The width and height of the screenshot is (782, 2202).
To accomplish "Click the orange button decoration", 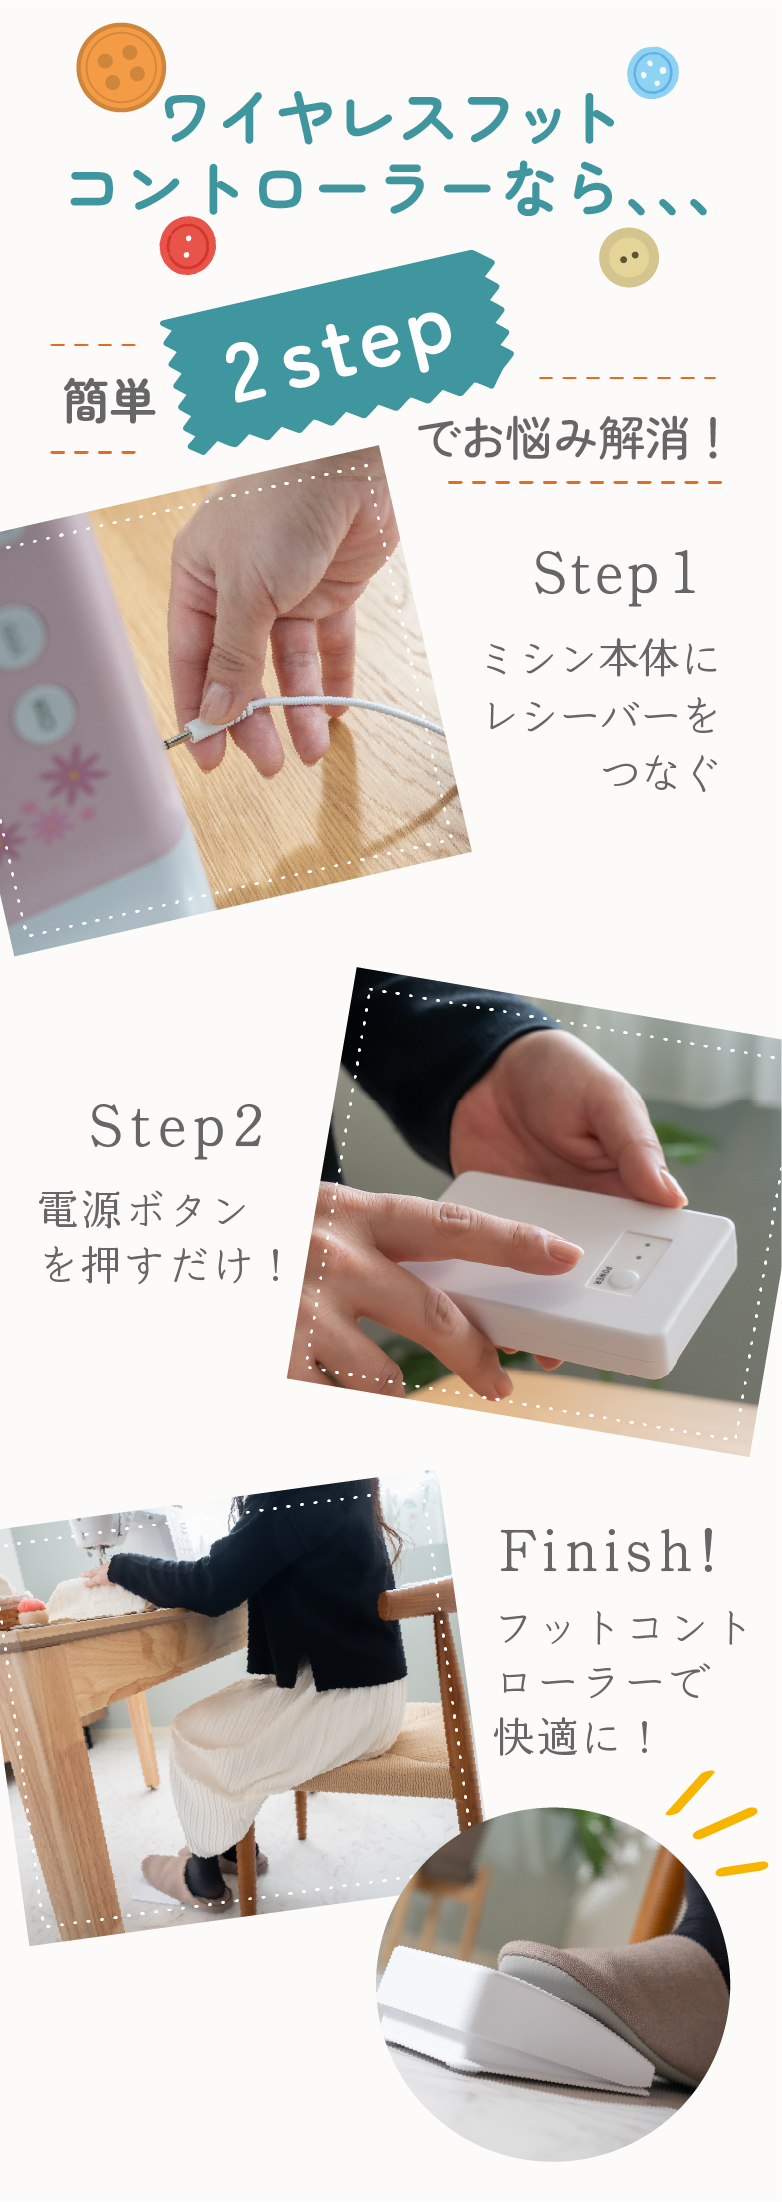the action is point(121,67).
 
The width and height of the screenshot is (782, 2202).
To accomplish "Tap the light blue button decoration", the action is point(653,72).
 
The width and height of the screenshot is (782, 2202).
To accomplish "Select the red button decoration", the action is point(188,245).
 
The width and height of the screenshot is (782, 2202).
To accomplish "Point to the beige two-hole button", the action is point(629,257).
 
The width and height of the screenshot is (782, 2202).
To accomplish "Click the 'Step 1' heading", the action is point(615,575).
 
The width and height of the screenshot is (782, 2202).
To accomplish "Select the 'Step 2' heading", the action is point(177,1128).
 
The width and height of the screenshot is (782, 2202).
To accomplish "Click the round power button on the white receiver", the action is point(625,1277).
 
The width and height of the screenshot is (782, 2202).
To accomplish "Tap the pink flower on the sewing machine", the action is point(73,773).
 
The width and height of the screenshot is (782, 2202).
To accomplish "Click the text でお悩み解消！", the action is point(569,439).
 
